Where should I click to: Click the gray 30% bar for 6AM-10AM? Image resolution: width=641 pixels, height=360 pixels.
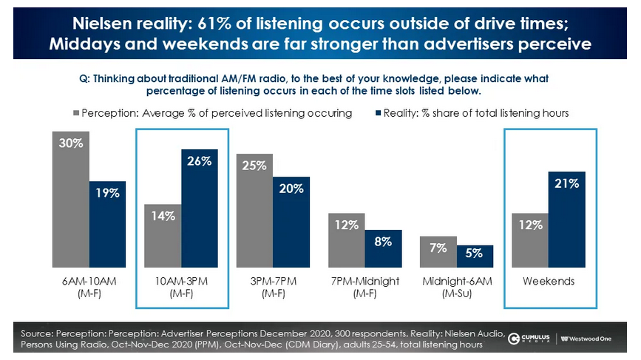coord(70,200)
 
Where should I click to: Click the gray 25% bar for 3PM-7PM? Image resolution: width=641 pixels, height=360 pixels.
coord(254,210)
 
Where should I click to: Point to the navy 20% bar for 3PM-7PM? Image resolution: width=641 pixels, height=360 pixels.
coord(291,221)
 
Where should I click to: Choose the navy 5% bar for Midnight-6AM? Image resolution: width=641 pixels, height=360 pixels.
coord(475,256)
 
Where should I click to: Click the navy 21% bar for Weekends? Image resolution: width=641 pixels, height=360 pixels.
coord(567,219)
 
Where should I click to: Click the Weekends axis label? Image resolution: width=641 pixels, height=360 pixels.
coord(549,282)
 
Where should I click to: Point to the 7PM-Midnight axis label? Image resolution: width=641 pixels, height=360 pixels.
coord(364,287)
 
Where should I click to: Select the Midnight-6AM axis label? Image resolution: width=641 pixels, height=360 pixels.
coord(456,287)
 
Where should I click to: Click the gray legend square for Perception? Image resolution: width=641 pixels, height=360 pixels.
coord(75,113)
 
